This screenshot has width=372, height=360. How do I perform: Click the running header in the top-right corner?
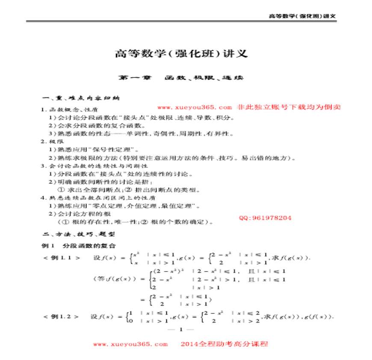[302, 16]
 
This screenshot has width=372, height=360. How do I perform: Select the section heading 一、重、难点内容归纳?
[80, 98]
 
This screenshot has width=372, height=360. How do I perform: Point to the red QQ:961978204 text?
[265, 218]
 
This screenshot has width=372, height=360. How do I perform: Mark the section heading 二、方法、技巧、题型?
[77, 234]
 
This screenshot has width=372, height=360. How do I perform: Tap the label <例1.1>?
[62, 257]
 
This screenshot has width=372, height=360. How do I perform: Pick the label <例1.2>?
[61, 316]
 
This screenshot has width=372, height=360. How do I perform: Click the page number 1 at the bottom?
[181, 329]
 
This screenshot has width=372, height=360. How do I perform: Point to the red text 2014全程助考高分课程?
[224, 344]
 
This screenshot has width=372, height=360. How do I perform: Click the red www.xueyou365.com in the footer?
[130, 344]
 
